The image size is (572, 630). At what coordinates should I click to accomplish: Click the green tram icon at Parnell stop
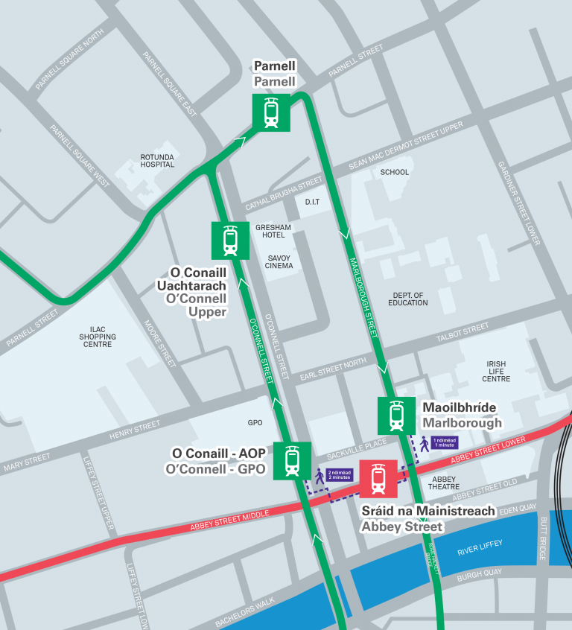(271, 112)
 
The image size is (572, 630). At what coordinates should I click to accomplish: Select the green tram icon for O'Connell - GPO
(291, 460)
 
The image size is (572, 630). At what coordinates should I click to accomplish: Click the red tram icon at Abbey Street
(378, 478)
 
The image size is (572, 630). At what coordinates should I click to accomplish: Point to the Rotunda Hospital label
(157, 161)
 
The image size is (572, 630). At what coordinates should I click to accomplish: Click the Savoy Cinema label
(279, 261)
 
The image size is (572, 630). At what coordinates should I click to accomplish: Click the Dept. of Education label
(408, 299)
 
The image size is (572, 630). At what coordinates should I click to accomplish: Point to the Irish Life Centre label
(496, 372)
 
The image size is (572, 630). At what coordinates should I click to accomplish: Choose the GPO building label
(255, 422)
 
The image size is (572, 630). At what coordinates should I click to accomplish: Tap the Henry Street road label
(134, 430)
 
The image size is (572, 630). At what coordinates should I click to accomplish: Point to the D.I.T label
(313, 202)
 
